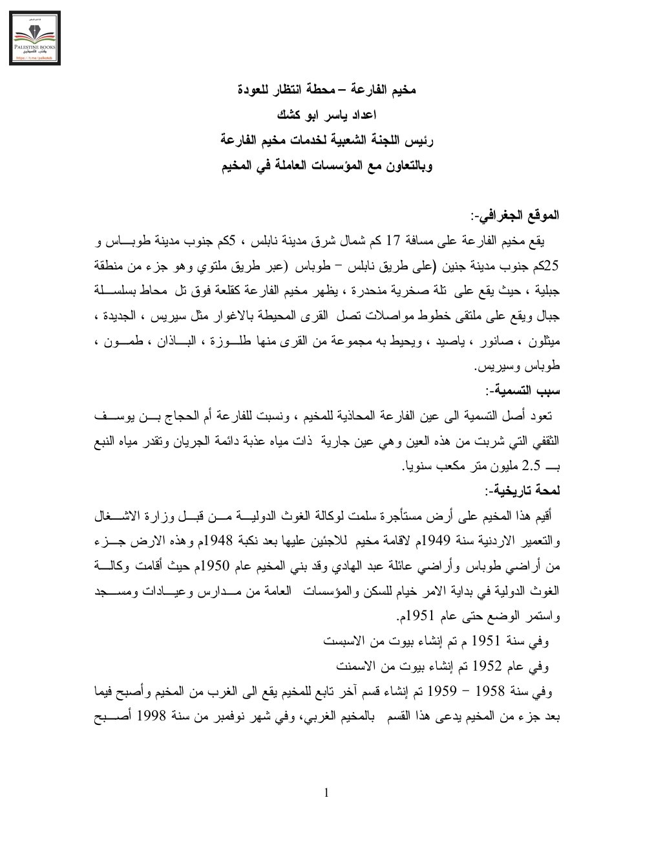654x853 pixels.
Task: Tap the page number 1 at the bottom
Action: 326,793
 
